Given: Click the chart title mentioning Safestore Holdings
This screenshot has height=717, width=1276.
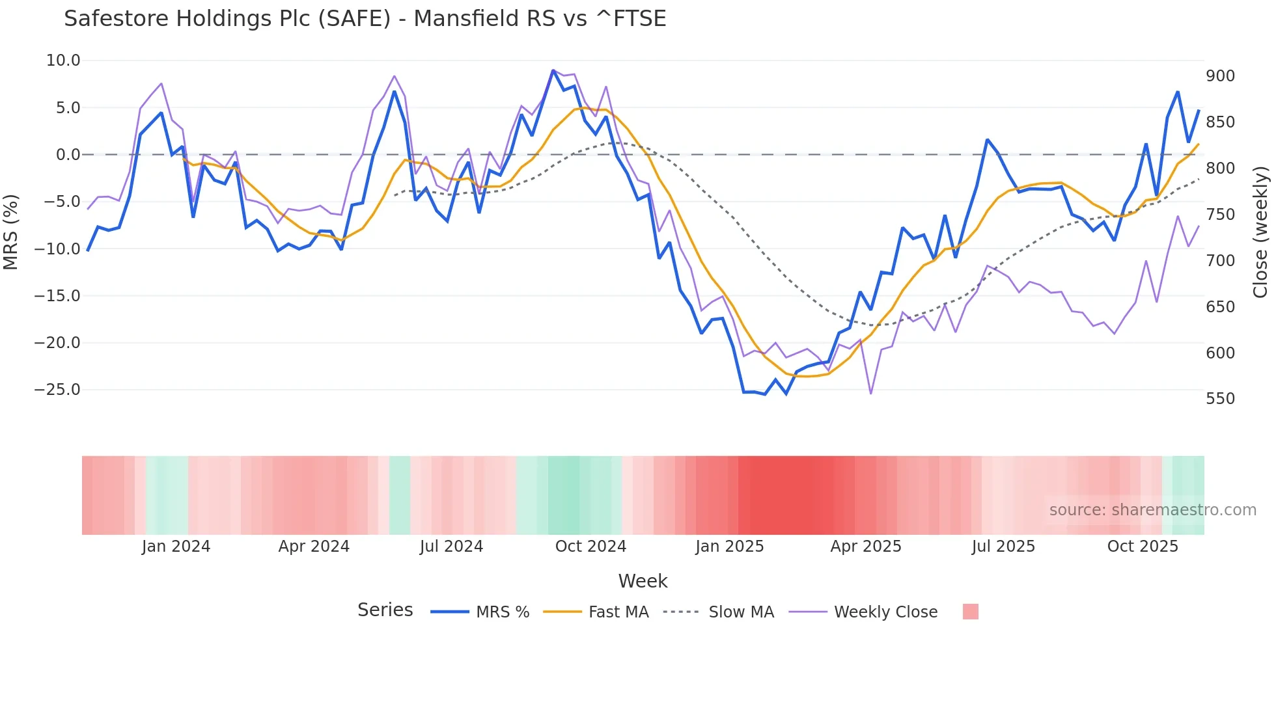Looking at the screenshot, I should pos(365,19).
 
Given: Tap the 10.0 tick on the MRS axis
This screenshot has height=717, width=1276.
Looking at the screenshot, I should pos(63,61).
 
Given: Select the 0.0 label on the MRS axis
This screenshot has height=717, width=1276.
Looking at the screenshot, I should pos(68,155).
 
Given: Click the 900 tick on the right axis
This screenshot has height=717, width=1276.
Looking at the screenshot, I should pos(1220,76).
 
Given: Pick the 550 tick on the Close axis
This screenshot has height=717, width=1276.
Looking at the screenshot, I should pos(1220,399).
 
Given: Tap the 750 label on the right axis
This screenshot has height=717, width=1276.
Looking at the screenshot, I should pos(1220,215).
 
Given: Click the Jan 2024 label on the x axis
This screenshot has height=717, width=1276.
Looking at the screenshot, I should pos(176,547).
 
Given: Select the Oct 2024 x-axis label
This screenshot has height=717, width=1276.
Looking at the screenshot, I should pos(590,547).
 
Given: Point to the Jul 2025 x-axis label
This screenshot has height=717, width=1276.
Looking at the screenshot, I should pos(1003,547).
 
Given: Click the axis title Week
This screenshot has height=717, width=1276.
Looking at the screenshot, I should pos(643,581).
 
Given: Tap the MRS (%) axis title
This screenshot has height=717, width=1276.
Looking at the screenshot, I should pos(10,232).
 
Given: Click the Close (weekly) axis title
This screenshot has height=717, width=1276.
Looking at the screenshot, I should pos(1260,232).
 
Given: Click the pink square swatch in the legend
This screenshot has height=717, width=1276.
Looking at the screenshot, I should pos(970,612).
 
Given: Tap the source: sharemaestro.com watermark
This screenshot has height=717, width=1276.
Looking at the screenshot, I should pos(1152,510).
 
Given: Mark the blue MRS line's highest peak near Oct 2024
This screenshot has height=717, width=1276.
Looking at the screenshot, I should pos(553,71).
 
